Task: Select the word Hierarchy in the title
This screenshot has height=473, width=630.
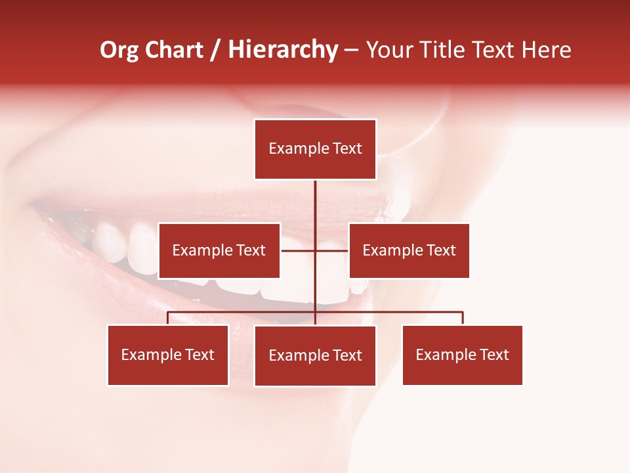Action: (282, 50)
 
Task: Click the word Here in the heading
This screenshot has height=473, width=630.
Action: (545, 50)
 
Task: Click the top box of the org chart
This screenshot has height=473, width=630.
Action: (315, 149)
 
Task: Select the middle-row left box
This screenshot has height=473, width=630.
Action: (219, 250)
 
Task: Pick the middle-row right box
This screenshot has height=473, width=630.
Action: (409, 250)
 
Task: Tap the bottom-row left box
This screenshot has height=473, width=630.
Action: (168, 355)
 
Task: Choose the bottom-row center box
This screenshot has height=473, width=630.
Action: (315, 355)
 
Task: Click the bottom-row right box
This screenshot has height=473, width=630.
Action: (462, 355)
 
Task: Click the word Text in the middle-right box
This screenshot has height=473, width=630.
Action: (441, 250)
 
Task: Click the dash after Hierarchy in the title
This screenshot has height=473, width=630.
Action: (351, 50)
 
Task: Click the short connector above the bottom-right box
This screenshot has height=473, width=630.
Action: (463, 318)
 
